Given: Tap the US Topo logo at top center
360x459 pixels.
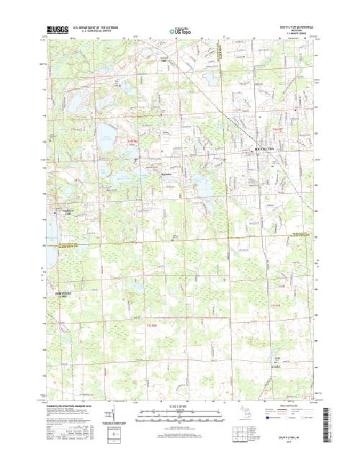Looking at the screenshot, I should (179, 32).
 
